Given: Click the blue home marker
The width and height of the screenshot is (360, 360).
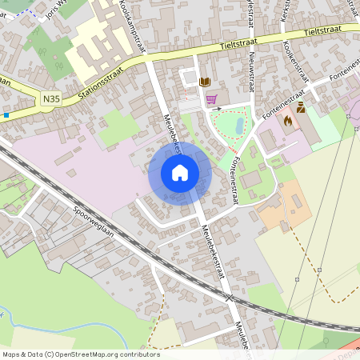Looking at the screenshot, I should coord(180,173).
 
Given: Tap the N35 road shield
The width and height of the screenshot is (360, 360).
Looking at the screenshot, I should coord(50,97).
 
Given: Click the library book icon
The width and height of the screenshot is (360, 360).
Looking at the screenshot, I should coord(205,82).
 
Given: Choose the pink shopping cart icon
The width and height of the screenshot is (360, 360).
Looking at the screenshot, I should coord(211,99).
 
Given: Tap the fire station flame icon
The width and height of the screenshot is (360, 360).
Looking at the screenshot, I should coord(287,121).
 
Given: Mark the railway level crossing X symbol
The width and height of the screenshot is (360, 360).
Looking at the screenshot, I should coord(230,298).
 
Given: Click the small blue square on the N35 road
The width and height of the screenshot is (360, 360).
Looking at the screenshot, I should coord(6,114).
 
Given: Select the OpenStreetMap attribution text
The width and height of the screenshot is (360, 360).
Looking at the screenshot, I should coord(81,354).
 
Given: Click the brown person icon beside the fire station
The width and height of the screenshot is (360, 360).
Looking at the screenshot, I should coord(301,107).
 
